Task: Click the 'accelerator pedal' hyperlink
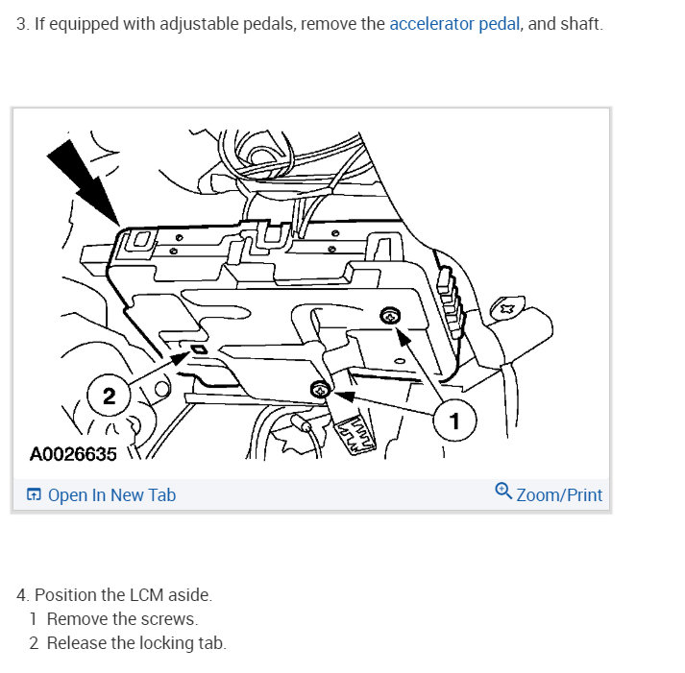coord(454,24)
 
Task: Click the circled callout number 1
coord(454,421)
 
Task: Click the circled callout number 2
coord(109,395)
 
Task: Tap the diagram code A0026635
coord(73,453)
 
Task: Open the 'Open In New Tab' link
coord(111,495)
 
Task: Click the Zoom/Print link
coord(559,495)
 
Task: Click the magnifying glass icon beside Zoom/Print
coord(503,492)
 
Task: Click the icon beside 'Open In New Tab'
coord(34,495)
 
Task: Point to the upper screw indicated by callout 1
coord(391,315)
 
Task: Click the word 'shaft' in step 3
coord(580,24)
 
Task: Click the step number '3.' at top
coord(22,24)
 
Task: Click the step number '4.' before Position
coord(22,594)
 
